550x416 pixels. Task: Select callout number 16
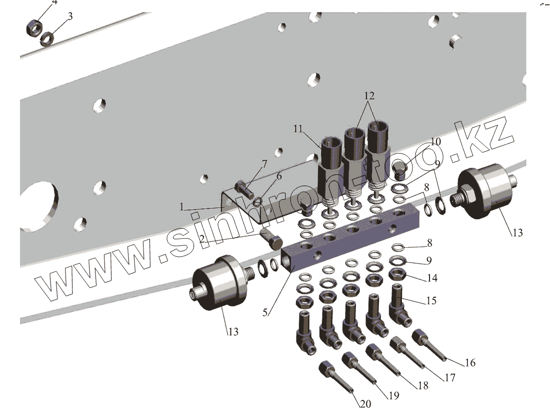click(469, 362)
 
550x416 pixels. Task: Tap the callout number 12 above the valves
click(369, 95)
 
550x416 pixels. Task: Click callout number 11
click(299, 129)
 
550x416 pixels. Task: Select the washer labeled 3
click(48, 37)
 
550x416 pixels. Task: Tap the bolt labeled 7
click(243, 189)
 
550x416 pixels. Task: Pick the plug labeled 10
click(399, 170)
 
